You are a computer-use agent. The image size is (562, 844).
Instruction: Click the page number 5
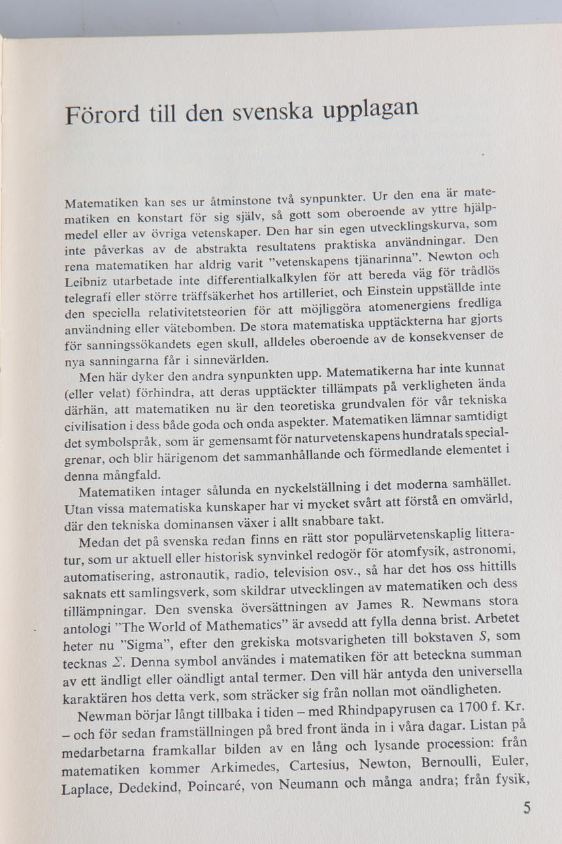tap(527, 807)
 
